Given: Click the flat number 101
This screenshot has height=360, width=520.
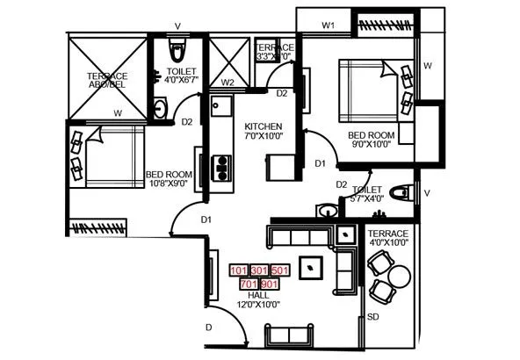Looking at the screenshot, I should (x=238, y=270).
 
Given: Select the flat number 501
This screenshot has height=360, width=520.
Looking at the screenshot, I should (x=279, y=270).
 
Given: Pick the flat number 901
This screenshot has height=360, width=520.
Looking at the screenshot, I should (x=270, y=284).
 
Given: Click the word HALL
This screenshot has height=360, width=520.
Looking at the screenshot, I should (x=258, y=296).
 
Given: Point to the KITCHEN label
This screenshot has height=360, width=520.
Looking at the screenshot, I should (x=264, y=126).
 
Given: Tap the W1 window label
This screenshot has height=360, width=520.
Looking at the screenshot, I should (x=329, y=26).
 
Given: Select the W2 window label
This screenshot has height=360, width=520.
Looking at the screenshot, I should (x=227, y=83).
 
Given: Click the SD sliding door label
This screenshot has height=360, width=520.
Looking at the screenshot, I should (x=373, y=316).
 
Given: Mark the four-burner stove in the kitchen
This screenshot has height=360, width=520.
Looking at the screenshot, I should (x=222, y=165).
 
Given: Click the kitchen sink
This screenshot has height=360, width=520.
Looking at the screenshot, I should (x=219, y=108).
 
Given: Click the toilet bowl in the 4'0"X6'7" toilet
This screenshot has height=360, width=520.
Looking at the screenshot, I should (x=176, y=48).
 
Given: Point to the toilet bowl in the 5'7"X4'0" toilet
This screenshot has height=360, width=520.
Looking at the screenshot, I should (x=401, y=193).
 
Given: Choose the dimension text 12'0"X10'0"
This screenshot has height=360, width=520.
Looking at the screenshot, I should (x=258, y=306).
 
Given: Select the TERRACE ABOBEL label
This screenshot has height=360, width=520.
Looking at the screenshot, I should (x=106, y=81).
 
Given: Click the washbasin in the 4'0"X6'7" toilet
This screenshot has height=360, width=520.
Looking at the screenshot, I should (x=161, y=108).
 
